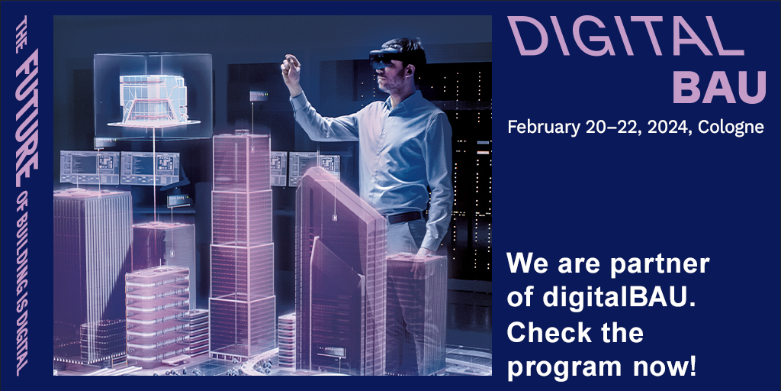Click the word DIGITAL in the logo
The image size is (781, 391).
click(625, 35)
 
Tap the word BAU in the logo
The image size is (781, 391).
click(719, 86)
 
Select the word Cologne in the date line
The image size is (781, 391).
click(731, 128)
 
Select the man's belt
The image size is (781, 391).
click(407, 217)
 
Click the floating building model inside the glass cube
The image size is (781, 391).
click(153, 99)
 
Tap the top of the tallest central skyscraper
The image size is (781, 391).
click(242, 135)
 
